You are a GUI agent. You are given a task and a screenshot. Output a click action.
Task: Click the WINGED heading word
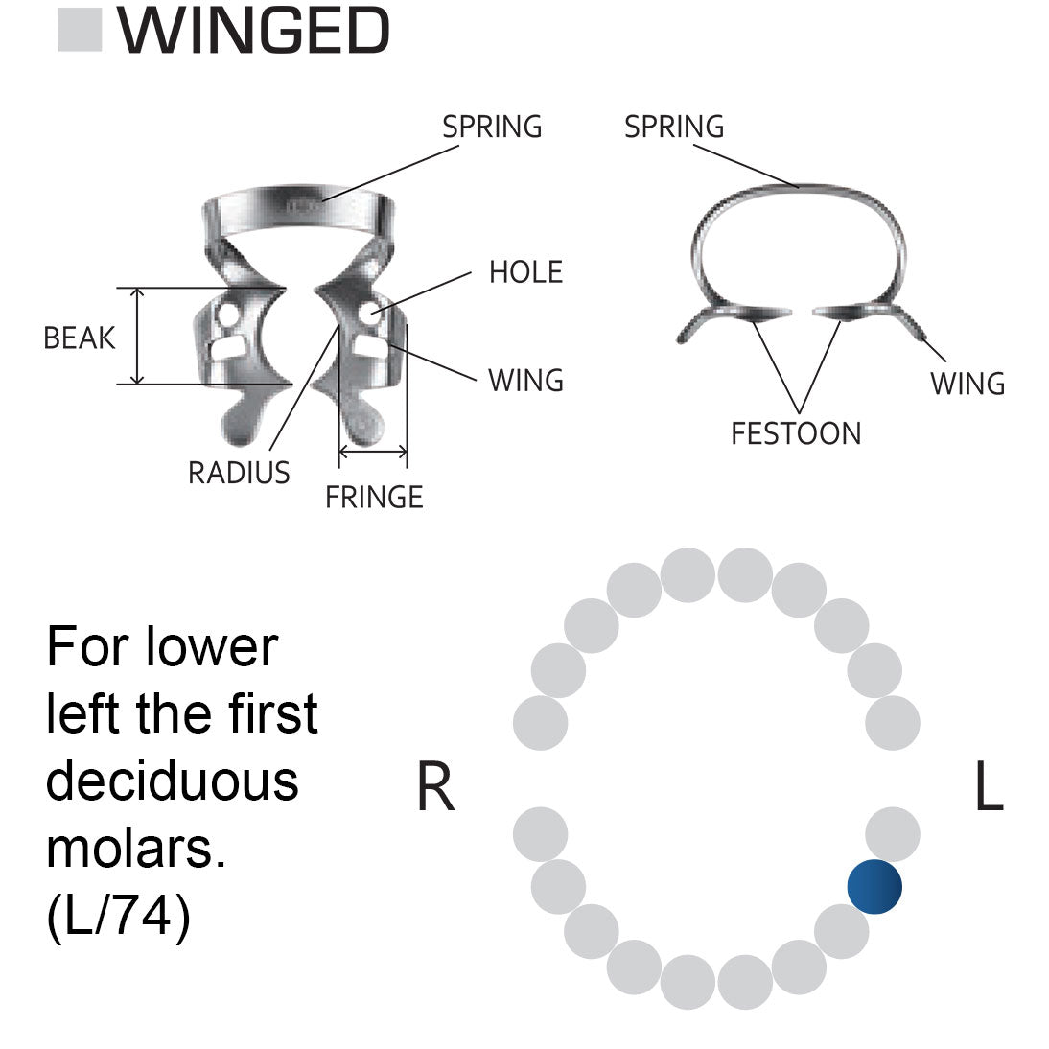pyautogui.click(x=253, y=31)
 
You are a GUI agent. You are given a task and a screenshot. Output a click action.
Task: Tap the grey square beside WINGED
pyautogui.click(x=80, y=30)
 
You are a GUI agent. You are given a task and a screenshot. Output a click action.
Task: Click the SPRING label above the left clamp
pyautogui.click(x=492, y=127)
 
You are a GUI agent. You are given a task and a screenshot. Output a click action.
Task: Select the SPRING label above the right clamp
pyautogui.click(x=674, y=127)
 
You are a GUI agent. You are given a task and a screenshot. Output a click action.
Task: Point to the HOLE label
pyautogui.click(x=525, y=272)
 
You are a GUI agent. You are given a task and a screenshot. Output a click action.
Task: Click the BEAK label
pyautogui.click(x=80, y=338)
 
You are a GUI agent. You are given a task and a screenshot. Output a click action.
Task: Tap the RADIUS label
pyautogui.click(x=239, y=473)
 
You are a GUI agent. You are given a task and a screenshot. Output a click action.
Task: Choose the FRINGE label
pyautogui.click(x=374, y=497)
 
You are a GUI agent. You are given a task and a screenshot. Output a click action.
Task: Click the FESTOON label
pyautogui.click(x=796, y=433)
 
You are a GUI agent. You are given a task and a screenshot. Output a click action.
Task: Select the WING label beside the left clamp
pyautogui.click(x=525, y=381)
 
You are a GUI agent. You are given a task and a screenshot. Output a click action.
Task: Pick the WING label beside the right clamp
pyautogui.click(x=967, y=384)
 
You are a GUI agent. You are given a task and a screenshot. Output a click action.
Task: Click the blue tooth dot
pyautogui.click(x=874, y=886)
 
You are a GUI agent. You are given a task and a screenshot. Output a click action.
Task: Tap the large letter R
pyautogui.click(x=435, y=788)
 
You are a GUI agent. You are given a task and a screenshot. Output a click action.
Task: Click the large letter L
pyautogui.click(x=989, y=788)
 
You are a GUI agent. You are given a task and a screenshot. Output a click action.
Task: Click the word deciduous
pyautogui.click(x=173, y=781)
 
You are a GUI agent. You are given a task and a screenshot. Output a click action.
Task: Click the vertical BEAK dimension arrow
pyautogui.click(x=139, y=336)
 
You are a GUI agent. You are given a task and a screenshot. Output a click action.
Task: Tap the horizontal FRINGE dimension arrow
pyautogui.click(x=373, y=451)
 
